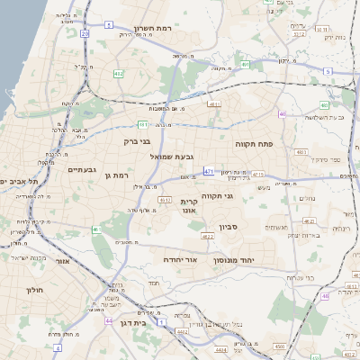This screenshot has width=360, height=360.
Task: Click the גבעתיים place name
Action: (82, 168)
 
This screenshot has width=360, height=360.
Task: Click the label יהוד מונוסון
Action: (233, 259)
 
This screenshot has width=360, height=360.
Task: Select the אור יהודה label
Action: (179, 259)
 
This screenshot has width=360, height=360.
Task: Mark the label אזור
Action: (62, 261)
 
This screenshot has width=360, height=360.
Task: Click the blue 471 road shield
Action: (208, 170)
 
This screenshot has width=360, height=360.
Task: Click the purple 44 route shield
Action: (109, 320)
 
